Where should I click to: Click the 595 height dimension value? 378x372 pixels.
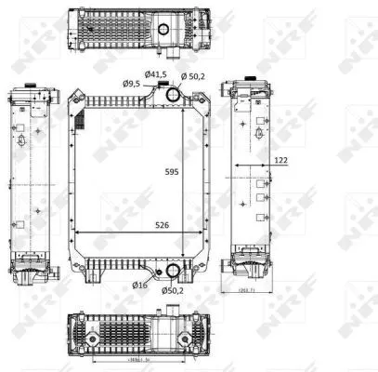172,171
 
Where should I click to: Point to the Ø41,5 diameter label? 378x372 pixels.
155,73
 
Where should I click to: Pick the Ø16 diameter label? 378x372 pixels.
139,284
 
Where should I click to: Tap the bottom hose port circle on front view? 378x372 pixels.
170,272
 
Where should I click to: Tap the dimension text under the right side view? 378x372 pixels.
243,294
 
